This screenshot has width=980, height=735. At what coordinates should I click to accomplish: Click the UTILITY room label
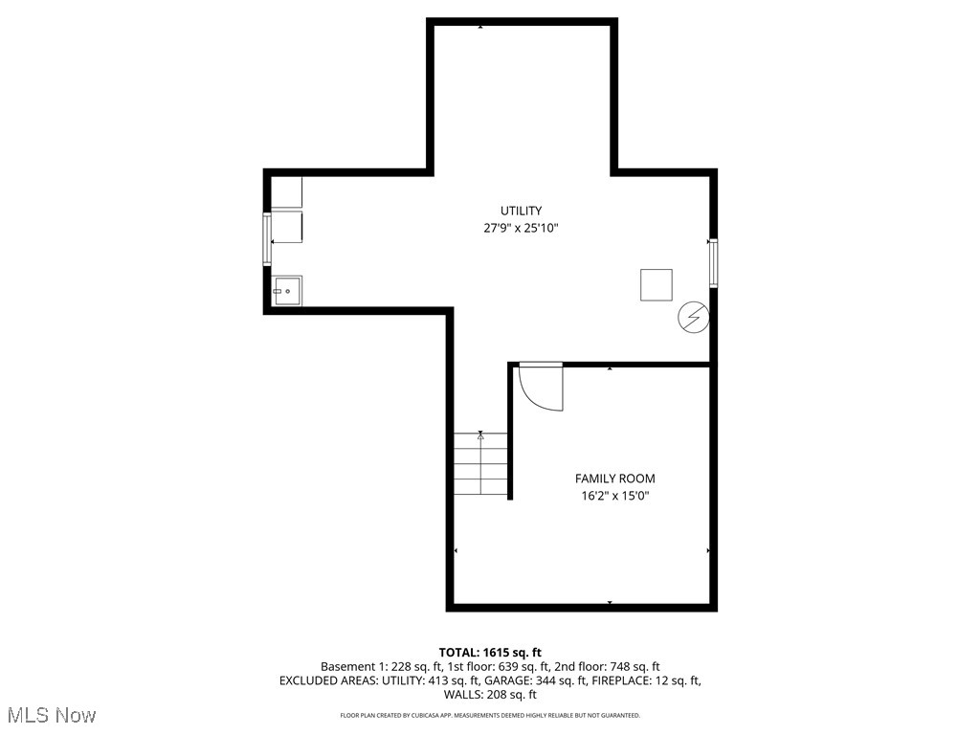point(521,211)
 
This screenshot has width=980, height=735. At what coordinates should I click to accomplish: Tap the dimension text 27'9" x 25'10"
point(521,229)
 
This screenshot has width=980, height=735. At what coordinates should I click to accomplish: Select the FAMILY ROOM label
point(614,479)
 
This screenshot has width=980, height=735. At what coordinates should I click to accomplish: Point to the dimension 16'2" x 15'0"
point(614,496)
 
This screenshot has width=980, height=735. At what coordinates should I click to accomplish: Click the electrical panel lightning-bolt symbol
point(693,318)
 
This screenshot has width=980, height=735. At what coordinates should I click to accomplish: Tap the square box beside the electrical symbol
point(656,285)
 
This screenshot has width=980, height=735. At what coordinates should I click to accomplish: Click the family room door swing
point(540,387)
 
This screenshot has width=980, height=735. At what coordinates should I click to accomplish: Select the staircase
point(480,464)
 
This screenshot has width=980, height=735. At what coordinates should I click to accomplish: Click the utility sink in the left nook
point(287,291)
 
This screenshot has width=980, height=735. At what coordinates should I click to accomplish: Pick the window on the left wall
point(268,237)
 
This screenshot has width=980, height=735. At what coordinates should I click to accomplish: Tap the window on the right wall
point(713,262)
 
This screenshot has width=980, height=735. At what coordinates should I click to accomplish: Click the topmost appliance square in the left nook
point(287,191)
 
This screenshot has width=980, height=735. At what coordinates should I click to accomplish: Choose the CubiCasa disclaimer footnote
point(490,716)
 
